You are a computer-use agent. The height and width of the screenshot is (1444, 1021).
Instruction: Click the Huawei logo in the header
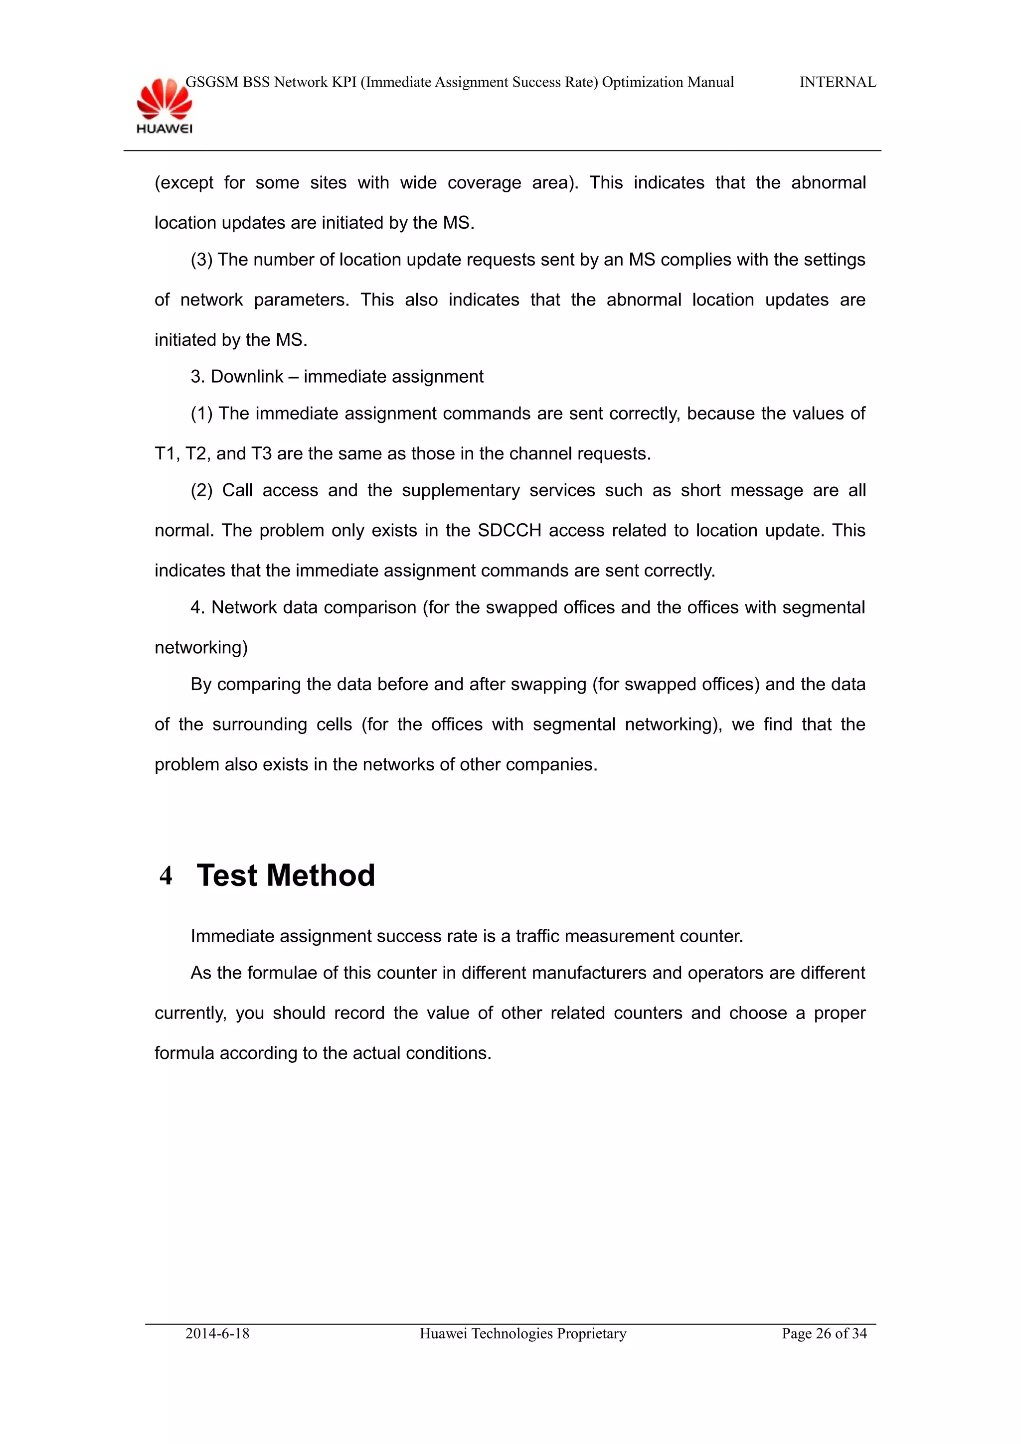[x=164, y=106]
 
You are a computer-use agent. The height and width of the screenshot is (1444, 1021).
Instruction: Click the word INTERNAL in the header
[x=838, y=82]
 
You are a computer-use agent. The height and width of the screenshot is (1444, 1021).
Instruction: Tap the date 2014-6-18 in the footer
[x=217, y=1333]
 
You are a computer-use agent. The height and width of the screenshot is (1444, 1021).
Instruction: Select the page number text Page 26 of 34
[x=824, y=1333]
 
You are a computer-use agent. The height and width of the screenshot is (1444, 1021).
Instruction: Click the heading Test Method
[x=286, y=875]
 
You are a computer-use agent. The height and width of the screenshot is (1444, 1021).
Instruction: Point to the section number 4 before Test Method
[x=166, y=876]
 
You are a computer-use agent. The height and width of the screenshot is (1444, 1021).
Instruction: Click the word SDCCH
[x=509, y=530]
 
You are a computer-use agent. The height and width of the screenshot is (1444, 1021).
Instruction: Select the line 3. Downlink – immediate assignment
[x=337, y=377]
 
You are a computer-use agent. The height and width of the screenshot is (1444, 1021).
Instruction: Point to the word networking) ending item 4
[x=201, y=647]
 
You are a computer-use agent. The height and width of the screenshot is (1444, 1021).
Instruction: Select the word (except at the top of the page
[x=183, y=183]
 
